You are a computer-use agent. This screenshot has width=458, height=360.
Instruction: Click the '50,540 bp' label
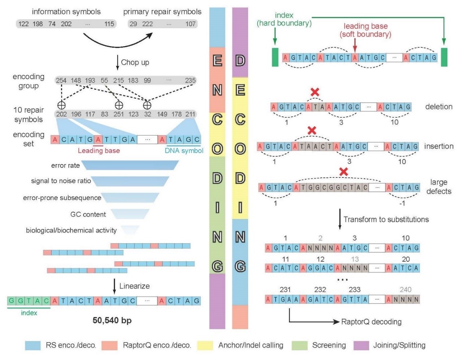point(112,320)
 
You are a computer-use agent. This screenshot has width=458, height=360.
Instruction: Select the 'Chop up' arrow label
point(135,62)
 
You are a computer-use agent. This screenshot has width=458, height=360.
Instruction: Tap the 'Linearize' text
point(134,286)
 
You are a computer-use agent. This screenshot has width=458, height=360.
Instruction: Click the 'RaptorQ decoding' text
point(371,322)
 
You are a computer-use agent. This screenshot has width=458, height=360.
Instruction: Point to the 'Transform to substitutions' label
point(386,219)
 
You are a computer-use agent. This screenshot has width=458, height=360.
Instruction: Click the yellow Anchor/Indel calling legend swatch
point(205,346)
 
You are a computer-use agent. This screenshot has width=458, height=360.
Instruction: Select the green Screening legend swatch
point(299,346)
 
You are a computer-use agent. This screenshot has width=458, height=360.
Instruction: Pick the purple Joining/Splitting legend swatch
point(361,346)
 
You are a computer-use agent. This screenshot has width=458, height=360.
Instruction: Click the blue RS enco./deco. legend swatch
point(33,346)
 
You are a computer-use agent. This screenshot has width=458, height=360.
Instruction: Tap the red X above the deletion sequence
point(315,92)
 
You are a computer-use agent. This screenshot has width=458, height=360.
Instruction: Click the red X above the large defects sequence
point(343,172)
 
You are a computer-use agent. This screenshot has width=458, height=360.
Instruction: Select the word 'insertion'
point(438,146)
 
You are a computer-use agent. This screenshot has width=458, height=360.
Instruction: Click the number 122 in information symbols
point(23,24)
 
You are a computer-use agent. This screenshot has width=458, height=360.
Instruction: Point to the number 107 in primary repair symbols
point(190,24)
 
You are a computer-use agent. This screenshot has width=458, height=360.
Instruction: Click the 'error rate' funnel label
point(65,166)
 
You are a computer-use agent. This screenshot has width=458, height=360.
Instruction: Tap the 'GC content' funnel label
point(88,214)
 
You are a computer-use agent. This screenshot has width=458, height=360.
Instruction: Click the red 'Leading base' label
point(99,151)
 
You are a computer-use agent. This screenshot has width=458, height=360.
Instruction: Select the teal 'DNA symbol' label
point(184,151)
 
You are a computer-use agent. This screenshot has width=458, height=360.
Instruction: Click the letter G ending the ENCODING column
point(217,266)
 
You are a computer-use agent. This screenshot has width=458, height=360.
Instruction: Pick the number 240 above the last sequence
point(405,290)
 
